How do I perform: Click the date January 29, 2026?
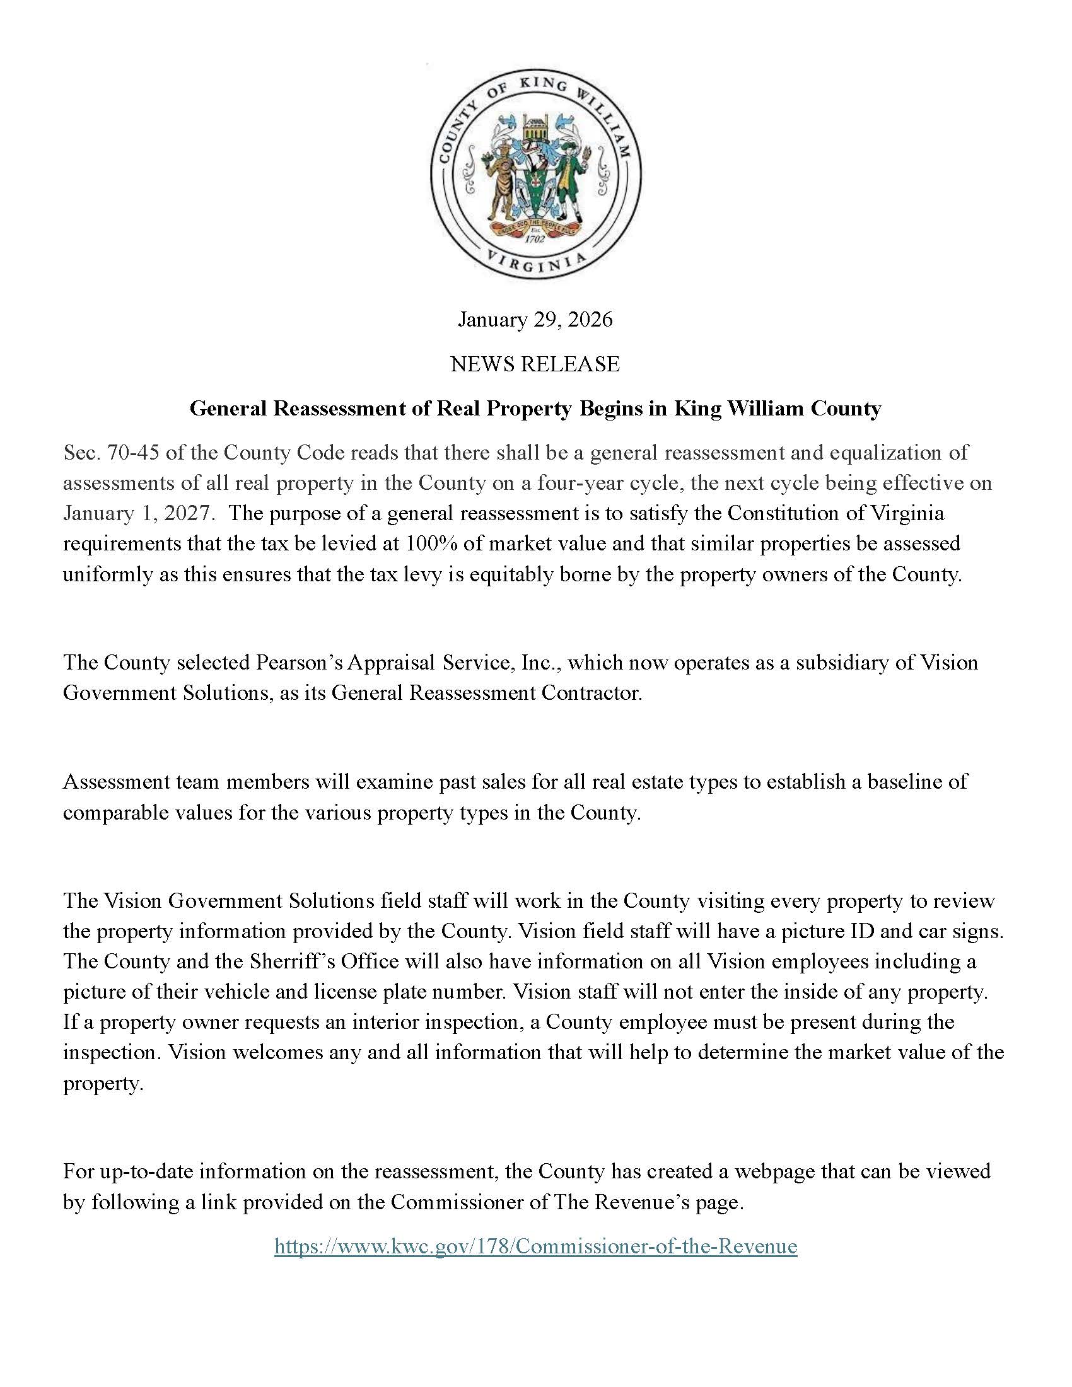pyautogui.click(x=535, y=319)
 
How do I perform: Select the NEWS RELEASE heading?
pyautogui.click(x=535, y=364)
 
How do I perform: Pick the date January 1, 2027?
pyautogui.click(x=136, y=513)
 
